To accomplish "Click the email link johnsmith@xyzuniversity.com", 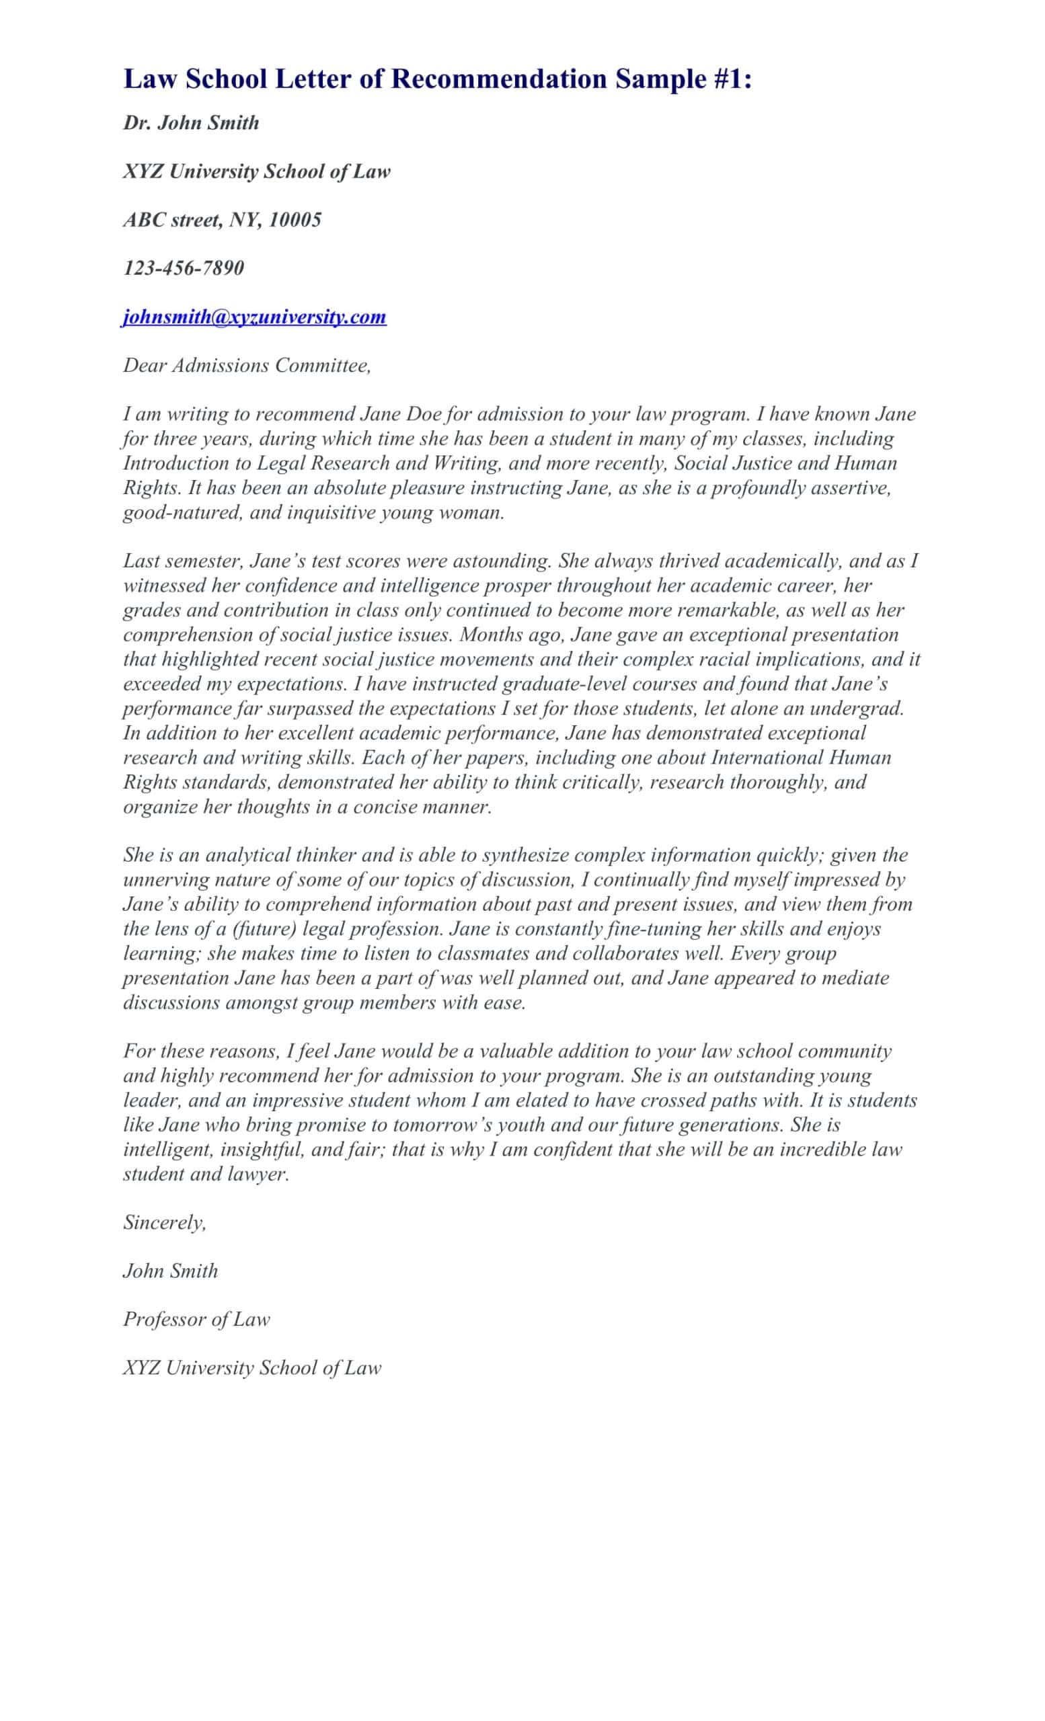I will point(254,317).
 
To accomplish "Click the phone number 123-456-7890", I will point(183,268).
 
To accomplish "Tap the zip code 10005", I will point(295,220).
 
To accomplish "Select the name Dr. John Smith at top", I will point(191,123).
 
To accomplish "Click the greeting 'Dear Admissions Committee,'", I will point(247,365).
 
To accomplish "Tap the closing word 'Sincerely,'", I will point(164,1222).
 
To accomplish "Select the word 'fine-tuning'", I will point(654,929).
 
